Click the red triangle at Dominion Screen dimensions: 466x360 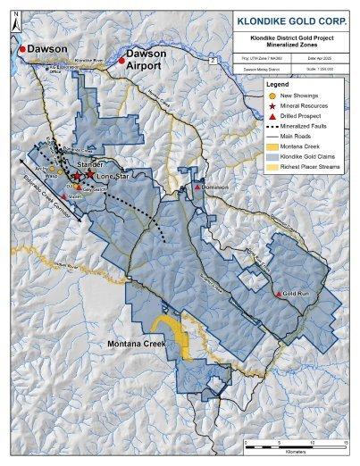[196, 188]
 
